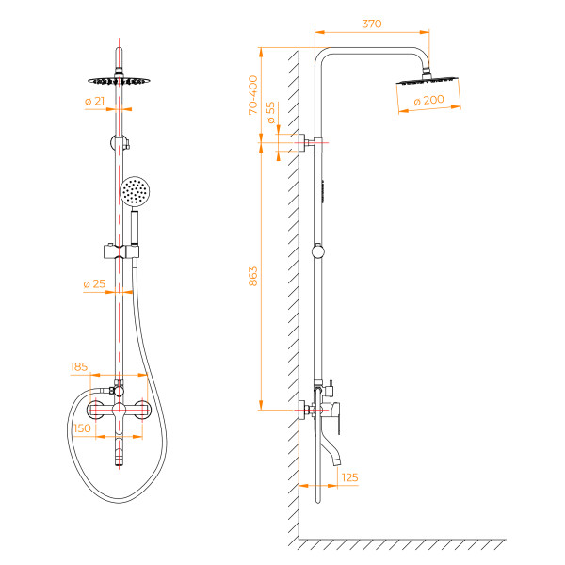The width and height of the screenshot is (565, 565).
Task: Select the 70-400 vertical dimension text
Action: (x=252, y=95)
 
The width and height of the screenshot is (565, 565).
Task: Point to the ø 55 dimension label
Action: (x=270, y=113)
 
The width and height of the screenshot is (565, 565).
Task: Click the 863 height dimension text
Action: (x=252, y=277)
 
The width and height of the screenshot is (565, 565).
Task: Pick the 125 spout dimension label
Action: (x=349, y=478)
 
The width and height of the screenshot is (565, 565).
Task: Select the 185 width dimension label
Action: (x=79, y=366)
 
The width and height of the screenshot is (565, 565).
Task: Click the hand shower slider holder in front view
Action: (x=121, y=250)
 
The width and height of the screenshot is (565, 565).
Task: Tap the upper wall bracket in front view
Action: (x=120, y=143)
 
